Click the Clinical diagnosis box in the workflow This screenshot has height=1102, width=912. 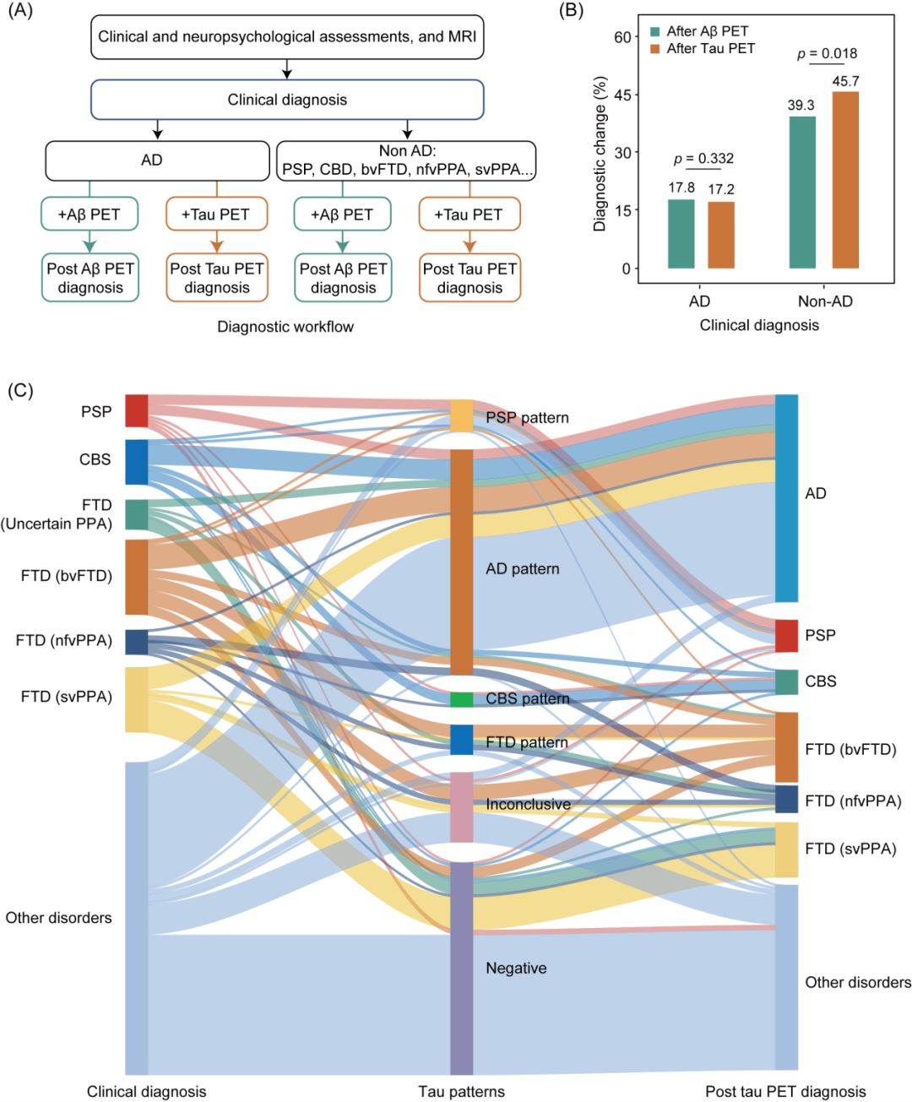(287, 100)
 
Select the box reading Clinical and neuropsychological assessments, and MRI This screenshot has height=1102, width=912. (287, 37)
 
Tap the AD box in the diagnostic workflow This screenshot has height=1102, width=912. (157, 161)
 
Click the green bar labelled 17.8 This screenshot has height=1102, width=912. (681, 234)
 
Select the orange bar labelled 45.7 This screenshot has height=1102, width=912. (845, 180)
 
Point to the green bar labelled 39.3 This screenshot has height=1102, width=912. (802, 193)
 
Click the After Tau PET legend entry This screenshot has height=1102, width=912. (703, 49)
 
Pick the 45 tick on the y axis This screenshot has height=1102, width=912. (623, 95)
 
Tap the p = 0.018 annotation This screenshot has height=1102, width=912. (827, 53)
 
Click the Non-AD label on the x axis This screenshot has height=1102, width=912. (825, 301)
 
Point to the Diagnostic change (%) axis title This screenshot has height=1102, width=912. (600, 154)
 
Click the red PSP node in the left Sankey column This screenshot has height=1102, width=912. (137, 410)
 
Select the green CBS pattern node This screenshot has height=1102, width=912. (461, 700)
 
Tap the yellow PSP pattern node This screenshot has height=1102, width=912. (461, 415)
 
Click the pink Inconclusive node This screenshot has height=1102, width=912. (461, 807)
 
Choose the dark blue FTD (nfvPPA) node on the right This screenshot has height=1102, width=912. (786, 799)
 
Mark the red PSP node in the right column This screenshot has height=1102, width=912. (786, 636)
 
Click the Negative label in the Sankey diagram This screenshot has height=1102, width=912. (516, 969)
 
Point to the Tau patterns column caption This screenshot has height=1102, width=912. (461, 1091)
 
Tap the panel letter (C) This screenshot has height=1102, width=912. (20, 390)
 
